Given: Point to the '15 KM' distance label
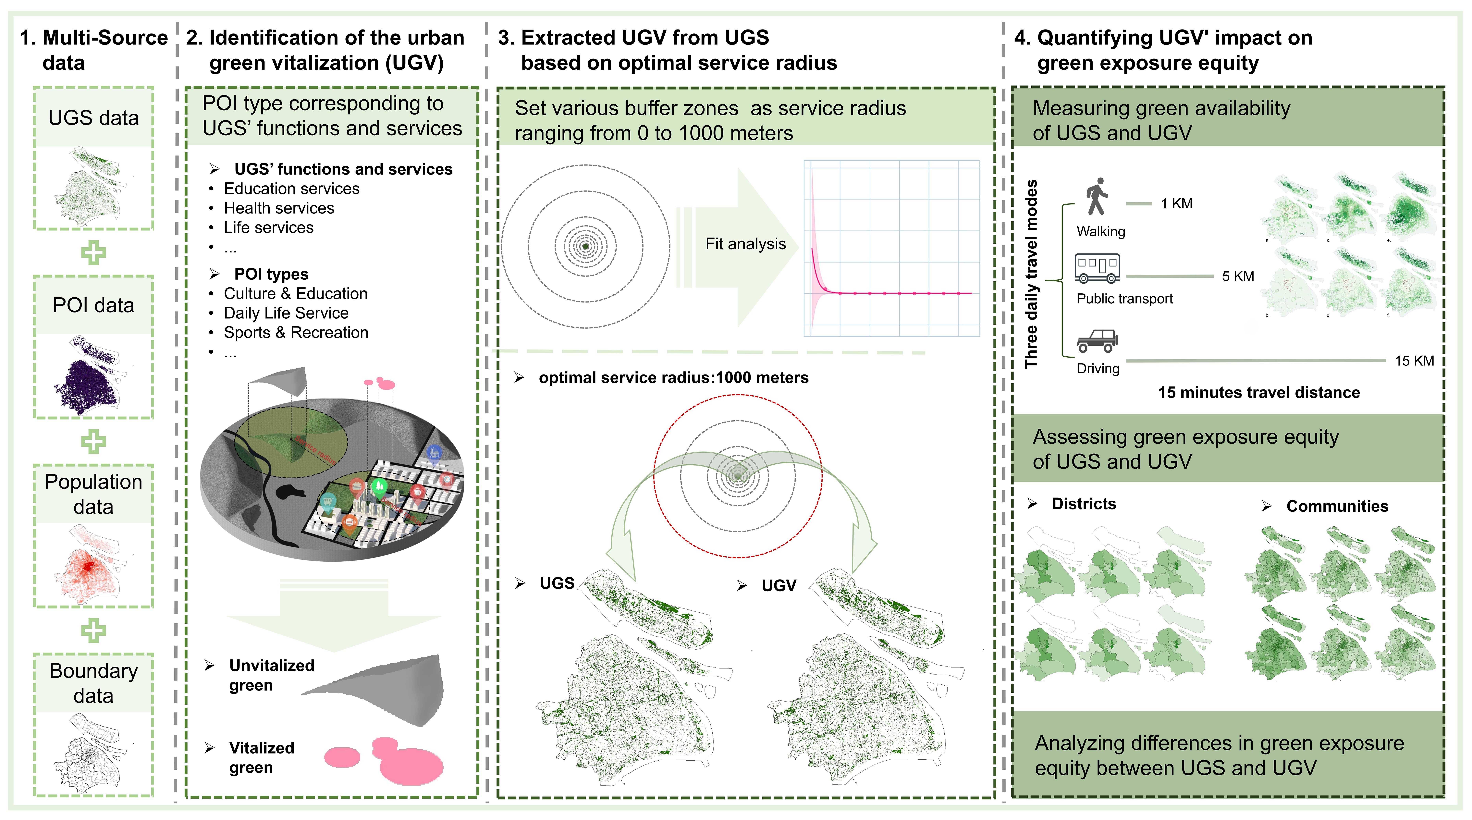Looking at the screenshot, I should [1414, 361].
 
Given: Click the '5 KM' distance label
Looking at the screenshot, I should [1238, 276].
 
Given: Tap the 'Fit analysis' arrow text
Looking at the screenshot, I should [745, 244].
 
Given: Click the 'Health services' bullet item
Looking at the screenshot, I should [279, 208].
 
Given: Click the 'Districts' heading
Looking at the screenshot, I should [1083, 504].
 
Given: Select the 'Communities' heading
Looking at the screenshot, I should [1337, 506].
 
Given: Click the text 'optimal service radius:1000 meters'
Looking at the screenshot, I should [673, 378].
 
